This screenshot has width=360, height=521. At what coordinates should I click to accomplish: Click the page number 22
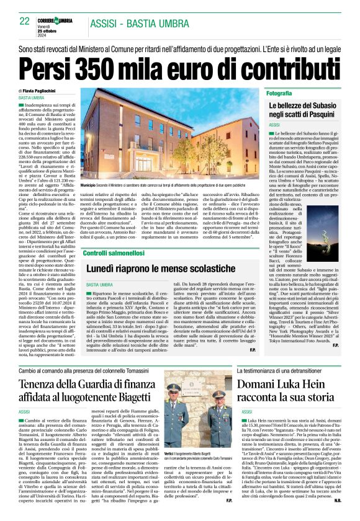click(x=24, y=21)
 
